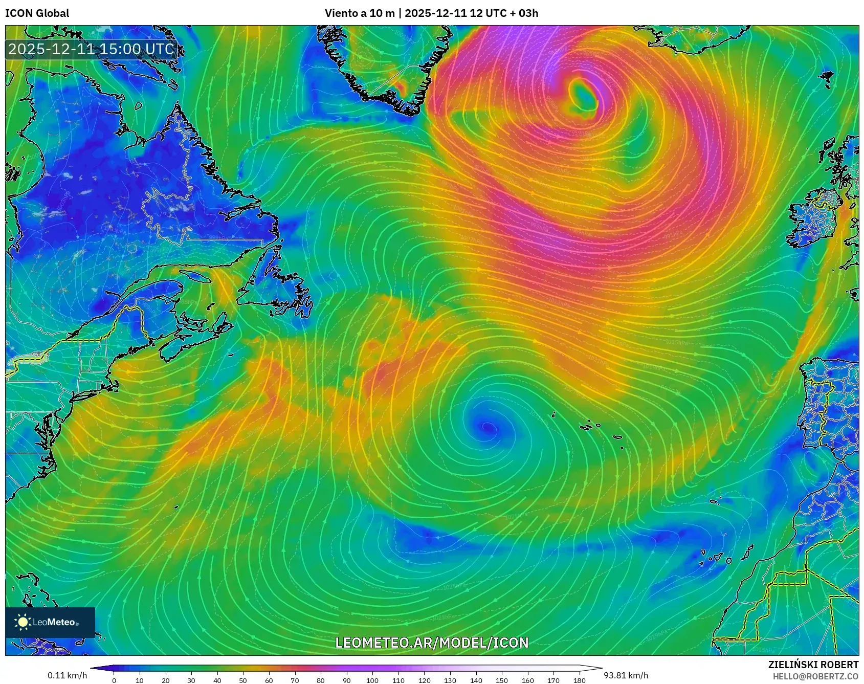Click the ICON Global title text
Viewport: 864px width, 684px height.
click(x=37, y=13)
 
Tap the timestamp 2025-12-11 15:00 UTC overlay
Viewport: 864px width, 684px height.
click(x=92, y=49)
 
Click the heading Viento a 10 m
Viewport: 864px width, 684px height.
click(x=359, y=13)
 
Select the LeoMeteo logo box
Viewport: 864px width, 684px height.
click(x=50, y=622)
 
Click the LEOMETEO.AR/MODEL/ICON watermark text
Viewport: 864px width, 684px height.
click(x=432, y=643)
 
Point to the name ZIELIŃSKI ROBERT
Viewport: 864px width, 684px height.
click(x=813, y=665)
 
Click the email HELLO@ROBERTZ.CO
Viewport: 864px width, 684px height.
click(x=815, y=676)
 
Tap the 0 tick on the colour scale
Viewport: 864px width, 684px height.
click(x=114, y=680)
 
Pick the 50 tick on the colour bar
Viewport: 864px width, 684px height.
click(x=243, y=680)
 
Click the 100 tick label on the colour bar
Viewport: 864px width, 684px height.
click(x=372, y=680)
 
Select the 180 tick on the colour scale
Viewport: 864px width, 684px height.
click(x=579, y=680)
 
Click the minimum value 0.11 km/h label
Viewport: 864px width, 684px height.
click(x=67, y=675)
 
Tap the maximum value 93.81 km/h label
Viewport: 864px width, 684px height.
click(x=626, y=675)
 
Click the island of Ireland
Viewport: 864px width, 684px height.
click(x=813, y=217)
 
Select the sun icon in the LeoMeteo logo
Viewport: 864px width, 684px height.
click(x=23, y=622)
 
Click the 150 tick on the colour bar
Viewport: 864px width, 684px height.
click(x=502, y=680)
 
